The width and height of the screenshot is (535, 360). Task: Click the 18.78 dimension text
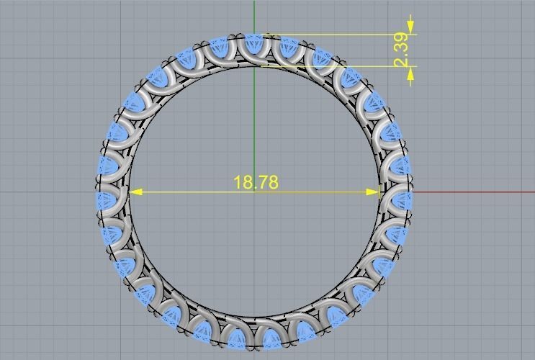point(256,182)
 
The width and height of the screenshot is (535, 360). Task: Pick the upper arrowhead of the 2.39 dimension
point(410,30)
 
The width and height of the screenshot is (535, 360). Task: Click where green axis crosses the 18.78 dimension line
point(254,192)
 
